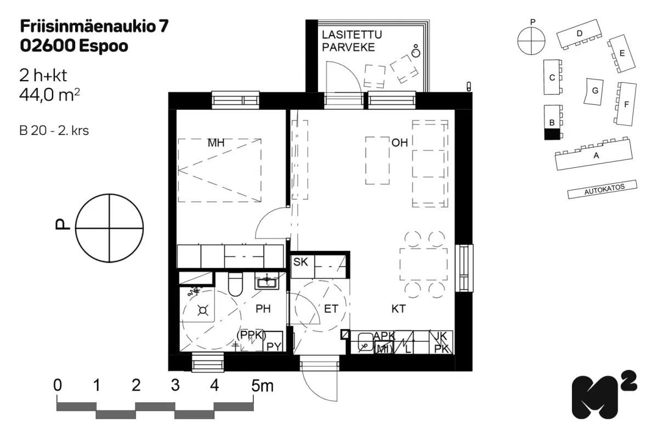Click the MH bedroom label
(216, 143)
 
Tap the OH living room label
(399, 143)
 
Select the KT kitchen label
(398, 309)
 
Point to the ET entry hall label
(331, 309)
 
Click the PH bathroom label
(263, 309)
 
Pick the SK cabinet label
(300, 262)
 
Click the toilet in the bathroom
(235, 284)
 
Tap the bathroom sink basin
(267, 282)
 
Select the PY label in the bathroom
(274, 346)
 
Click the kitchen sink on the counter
(362, 346)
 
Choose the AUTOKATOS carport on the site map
(603, 190)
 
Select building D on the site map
(578, 33)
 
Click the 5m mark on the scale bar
(262, 386)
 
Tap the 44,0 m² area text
(49, 95)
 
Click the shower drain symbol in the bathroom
(202, 311)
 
